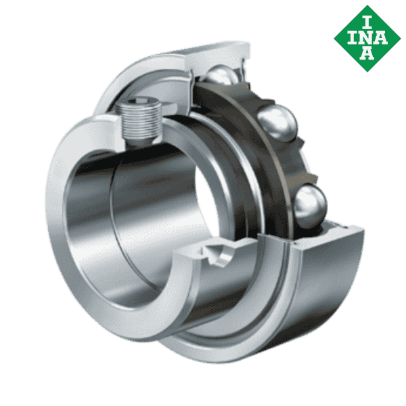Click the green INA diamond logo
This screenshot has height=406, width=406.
[x=367, y=39]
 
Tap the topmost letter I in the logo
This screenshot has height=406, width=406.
[x=367, y=22]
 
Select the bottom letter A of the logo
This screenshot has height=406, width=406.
[x=367, y=53]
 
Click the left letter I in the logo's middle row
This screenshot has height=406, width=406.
[x=352, y=38]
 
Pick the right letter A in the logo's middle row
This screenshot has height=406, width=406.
[x=380, y=38]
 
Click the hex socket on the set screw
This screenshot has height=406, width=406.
[x=140, y=101]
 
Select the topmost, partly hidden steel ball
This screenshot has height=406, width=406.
[x=222, y=74]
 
